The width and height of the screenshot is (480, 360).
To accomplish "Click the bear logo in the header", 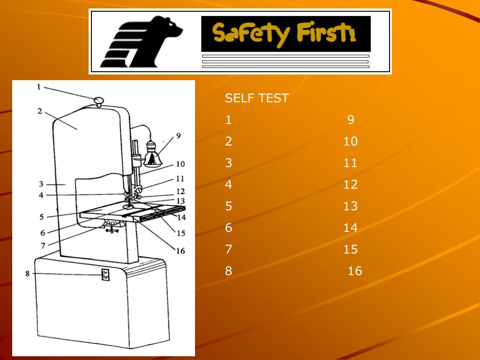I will click(141, 41).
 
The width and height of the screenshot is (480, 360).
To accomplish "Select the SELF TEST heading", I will click(256, 98).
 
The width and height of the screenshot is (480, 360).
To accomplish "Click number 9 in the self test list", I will click(351, 120).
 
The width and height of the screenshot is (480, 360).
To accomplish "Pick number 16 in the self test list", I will click(355, 271).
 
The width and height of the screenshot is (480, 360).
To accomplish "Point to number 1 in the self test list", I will click(228, 120).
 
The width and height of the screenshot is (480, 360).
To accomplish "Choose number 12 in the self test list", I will click(350, 185).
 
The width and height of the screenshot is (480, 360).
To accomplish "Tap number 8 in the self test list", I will click(228, 271).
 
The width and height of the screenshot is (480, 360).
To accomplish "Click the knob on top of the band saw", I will click(98, 100).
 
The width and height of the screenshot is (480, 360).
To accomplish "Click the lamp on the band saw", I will click(152, 155).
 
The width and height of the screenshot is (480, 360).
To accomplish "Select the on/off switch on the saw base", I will click(105, 275).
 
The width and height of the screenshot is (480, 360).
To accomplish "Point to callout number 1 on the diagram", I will click(39, 87).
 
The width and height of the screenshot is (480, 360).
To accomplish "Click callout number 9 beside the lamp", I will click(178, 136).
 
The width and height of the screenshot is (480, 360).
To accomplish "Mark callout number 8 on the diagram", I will click(28, 273).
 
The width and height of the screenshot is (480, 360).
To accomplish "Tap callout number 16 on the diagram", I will click(180, 251).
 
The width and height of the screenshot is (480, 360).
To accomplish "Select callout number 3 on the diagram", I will click(41, 184).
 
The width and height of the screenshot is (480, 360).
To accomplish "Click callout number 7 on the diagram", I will click(43, 245).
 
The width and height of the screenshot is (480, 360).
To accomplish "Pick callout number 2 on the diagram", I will click(40, 111).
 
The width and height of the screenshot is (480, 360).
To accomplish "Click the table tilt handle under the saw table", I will click(111, 230).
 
